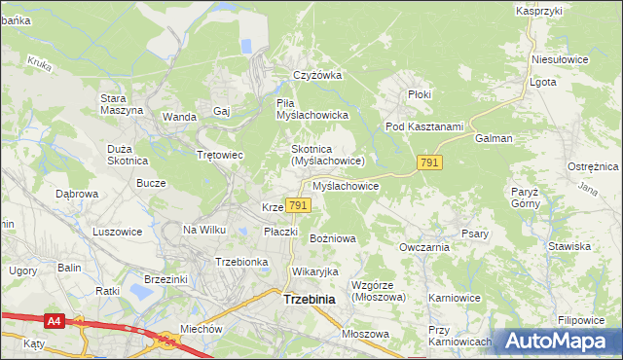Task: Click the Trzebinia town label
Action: coord(309,300)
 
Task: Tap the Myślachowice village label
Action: coord(346,185)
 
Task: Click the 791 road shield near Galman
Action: coord(430,162)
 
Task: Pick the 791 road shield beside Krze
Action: coord(299,205)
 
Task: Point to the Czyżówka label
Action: coord(319,75)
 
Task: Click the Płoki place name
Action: coord(420,94)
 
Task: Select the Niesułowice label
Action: coord(561,59)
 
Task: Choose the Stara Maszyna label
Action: coord(122,103)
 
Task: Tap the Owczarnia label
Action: coord(423,247)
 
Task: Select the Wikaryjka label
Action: coord(314,271)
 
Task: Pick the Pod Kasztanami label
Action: coord(421,126)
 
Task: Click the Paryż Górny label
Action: coord(525,198)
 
